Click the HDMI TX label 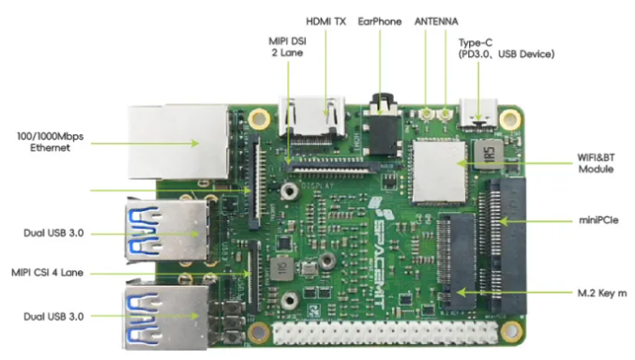click(x=325, y=22)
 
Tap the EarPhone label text click(x=380, y=22)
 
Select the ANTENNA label click(x=436, y=22)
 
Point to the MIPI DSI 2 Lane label click(x=288, y=47)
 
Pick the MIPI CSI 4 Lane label click(x=47, y=274)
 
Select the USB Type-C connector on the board click(x=480, y=113)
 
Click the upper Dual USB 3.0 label click(x=54, y=232)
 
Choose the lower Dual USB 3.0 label click(x=54, y=317)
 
